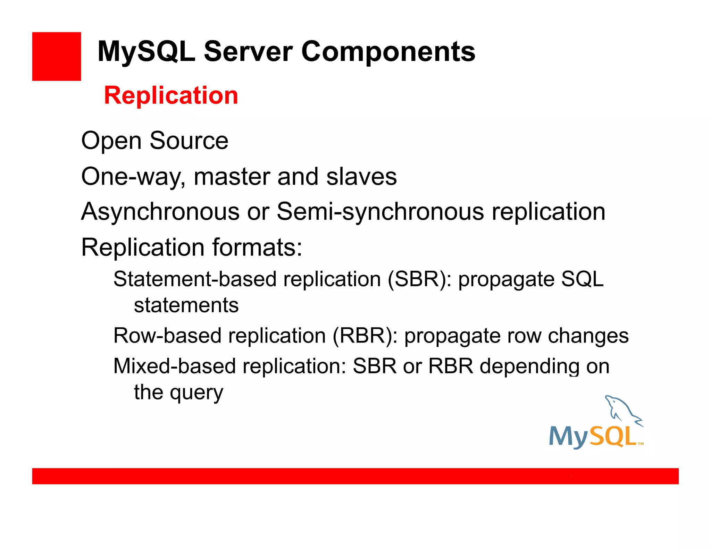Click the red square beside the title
tap(56, 56)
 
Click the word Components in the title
tap(388, 52)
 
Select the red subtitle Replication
tap(171, 95)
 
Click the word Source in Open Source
tap(189, 141)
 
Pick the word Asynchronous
tap(160, 212)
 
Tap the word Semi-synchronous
tap(380, 212)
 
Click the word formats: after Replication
tap(257, 247)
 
